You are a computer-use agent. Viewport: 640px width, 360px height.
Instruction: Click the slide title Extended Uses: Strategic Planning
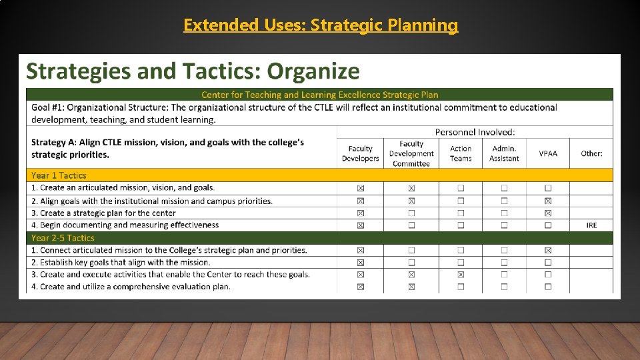321,25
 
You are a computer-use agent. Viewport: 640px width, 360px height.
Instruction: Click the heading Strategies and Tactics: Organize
192,71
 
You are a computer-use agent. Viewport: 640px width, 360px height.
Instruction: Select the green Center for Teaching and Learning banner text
320,95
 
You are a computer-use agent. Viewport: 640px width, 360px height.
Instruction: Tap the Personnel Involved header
475,132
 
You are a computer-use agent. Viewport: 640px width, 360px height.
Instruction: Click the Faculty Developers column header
360,153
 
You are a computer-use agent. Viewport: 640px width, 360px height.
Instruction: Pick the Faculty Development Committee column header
411,153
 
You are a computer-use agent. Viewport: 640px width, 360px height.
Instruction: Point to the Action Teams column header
461,153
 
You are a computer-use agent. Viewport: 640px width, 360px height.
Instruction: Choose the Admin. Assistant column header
504,153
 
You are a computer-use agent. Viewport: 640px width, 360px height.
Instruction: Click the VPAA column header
548,153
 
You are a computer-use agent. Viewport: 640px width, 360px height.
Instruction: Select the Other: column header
591,153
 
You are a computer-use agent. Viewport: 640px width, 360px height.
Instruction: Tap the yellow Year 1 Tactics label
59,175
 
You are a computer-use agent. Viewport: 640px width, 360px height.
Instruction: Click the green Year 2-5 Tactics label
63,238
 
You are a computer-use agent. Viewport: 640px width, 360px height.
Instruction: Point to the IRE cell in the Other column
591,225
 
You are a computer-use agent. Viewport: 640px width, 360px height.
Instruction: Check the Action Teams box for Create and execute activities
461,275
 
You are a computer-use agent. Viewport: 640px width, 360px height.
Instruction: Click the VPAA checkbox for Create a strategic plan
548,213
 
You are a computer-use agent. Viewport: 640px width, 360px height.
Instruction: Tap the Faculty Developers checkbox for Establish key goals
361,263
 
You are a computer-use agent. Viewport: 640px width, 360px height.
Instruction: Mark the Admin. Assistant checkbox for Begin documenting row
504,225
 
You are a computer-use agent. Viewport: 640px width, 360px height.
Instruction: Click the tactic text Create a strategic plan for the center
103,213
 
